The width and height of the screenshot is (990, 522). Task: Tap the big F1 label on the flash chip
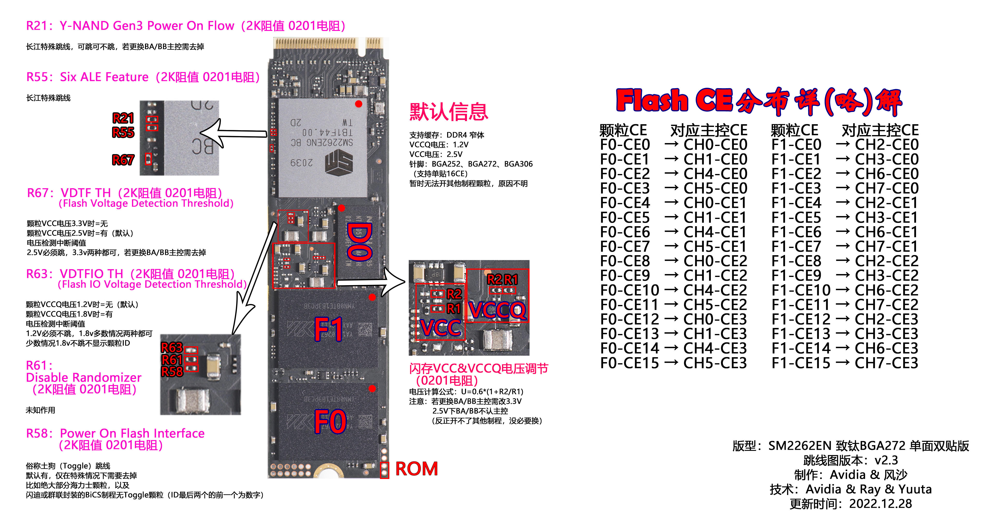[329, 329]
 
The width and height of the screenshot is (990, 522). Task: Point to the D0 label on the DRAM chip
[359, 242]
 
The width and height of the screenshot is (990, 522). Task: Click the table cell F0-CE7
[625, 246]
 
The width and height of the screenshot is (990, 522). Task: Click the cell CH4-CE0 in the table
[715, 174]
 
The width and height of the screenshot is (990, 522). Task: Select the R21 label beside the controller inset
[123, 118]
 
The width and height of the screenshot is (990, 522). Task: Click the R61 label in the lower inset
[172, 360]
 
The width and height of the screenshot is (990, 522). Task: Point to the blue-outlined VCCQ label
[497, 310]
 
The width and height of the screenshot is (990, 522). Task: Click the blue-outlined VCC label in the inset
[440, 328]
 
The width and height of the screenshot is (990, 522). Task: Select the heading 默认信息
[449, 112]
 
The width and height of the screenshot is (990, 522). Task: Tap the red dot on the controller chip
[359, 104]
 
